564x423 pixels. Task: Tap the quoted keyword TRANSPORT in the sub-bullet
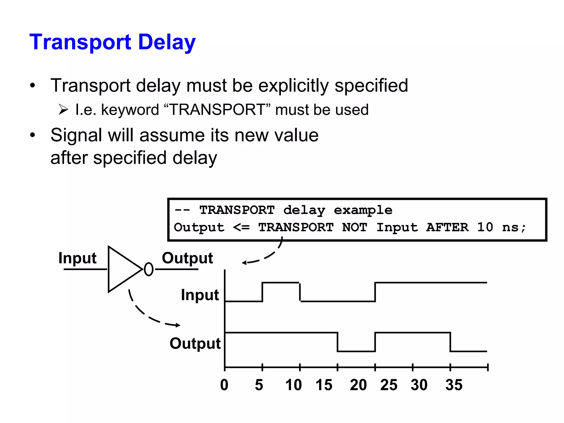tap(217, 110)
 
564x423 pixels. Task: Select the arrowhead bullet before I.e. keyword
tap(63, 110)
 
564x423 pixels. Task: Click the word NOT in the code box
tap(354, 227)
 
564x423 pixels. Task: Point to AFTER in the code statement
tap(447, 227)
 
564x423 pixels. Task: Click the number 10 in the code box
tap(485, 227)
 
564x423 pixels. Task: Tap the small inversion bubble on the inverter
tap(149, 269)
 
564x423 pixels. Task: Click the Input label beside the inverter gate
tap(77, 258)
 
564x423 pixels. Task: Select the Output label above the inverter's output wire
tap(187, 258)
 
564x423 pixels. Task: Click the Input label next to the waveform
tap(200, 295)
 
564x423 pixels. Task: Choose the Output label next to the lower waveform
tap(195, 343)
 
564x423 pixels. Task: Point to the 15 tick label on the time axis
tap(324, 385)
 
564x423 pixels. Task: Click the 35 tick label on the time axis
tap(454, 385)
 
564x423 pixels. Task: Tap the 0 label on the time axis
tap(224, 385)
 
